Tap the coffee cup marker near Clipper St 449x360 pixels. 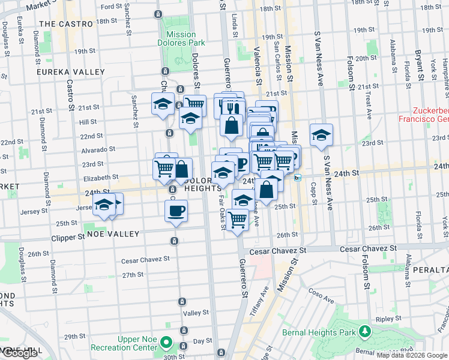(x=176, y=211)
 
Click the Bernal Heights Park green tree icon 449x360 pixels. (x=364, y=331)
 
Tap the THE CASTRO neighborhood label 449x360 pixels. (x=66, y=24)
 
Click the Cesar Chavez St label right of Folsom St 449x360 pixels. (x=368, y=248)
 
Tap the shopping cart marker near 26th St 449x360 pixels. (x=238, y=220)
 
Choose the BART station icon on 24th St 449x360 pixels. (x=297, y=177)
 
